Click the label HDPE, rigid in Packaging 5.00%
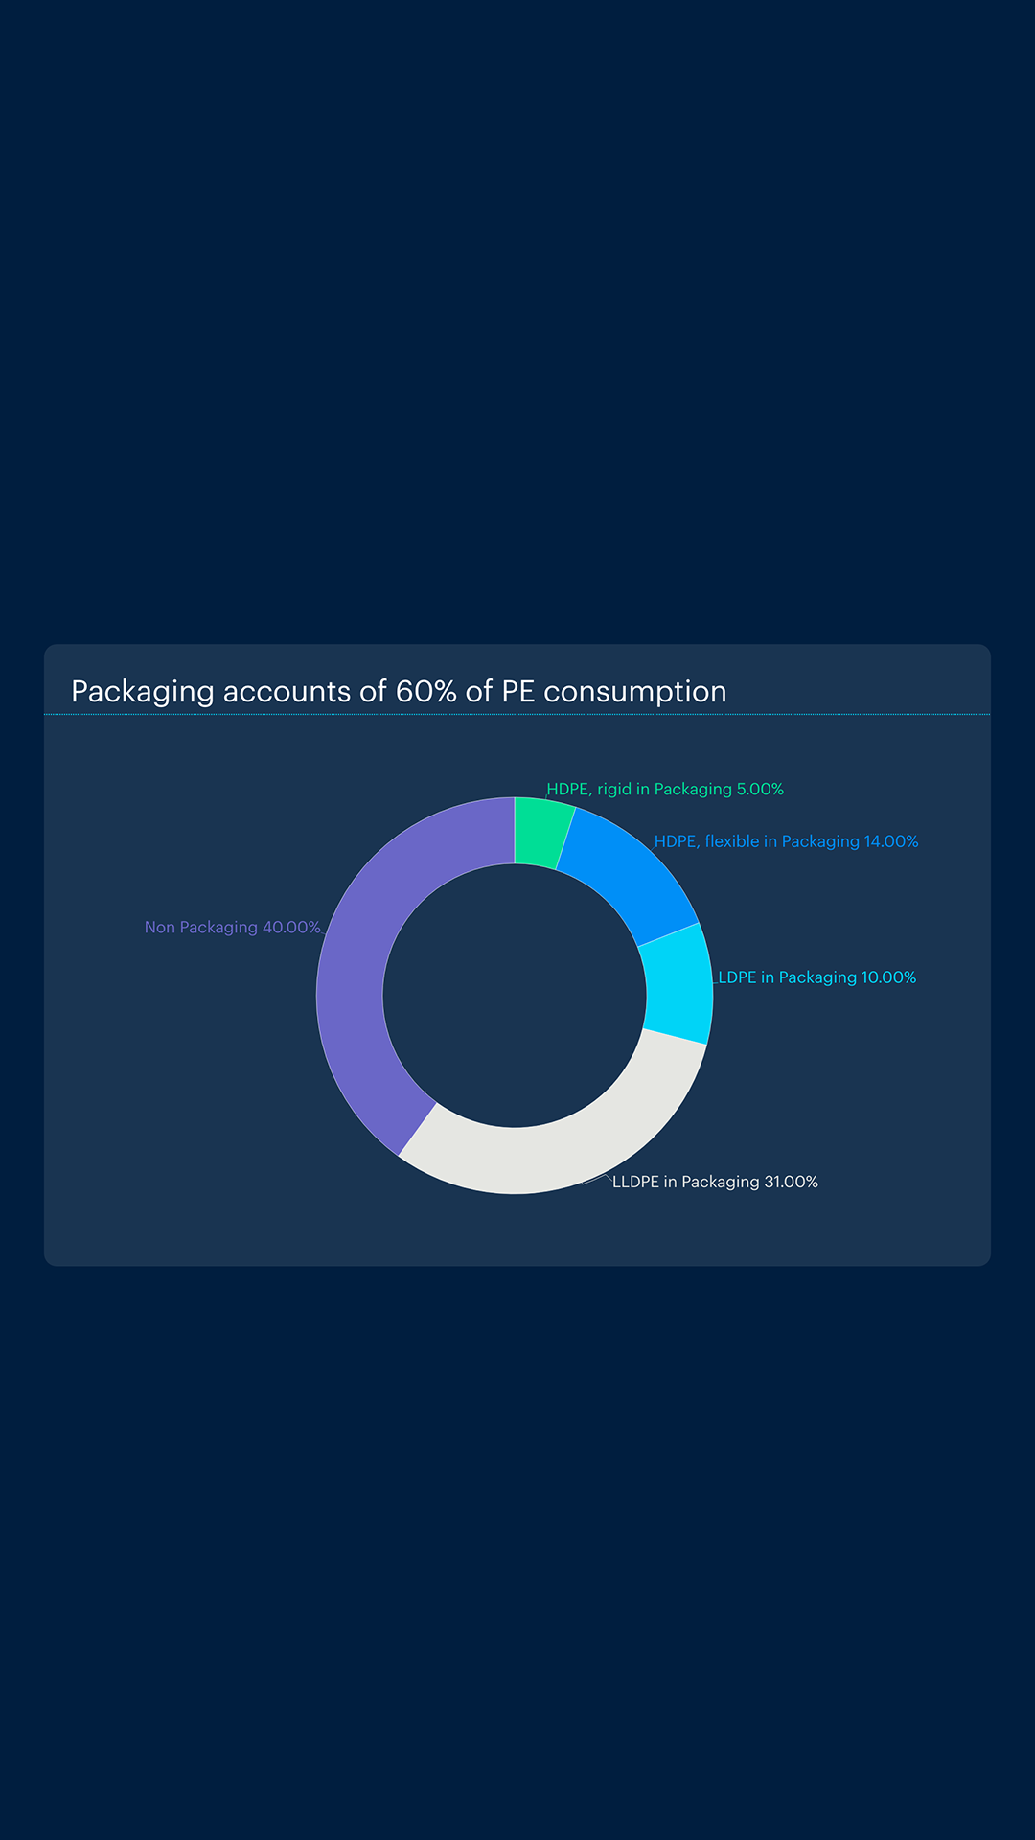pos(664,790)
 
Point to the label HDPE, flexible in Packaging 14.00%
pos(786,841)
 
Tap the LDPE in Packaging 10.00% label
pos(816,977)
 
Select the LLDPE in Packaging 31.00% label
pos(715,1183)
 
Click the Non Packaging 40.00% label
pos(232,928)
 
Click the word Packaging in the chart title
pos(142,692)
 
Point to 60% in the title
pos(425,692)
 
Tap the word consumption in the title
pos(634,692)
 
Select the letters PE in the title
pos(517,692)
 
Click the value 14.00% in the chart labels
pos(890,841)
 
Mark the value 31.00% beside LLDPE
pos(791,1183)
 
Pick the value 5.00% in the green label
pos(760,790)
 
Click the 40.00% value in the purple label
pos(291,928)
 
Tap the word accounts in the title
pos(287,692)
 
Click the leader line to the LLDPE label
pos(599,1178)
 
